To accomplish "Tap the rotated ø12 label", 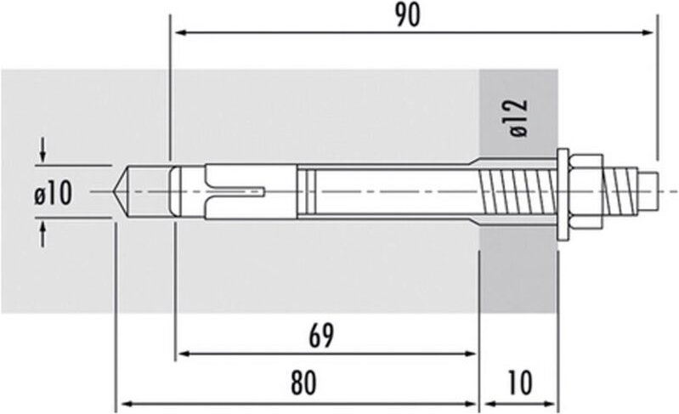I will (x=519, y=118).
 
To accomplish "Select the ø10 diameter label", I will (x=53, y=194).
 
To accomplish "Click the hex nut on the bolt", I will (x=586, y=192).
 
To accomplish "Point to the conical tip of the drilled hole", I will (x=122, y=192).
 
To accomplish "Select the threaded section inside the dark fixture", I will (x=518, y=192).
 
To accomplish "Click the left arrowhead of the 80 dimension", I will (x=122, y=402).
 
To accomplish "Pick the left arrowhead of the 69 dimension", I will (x=181, y=353).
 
